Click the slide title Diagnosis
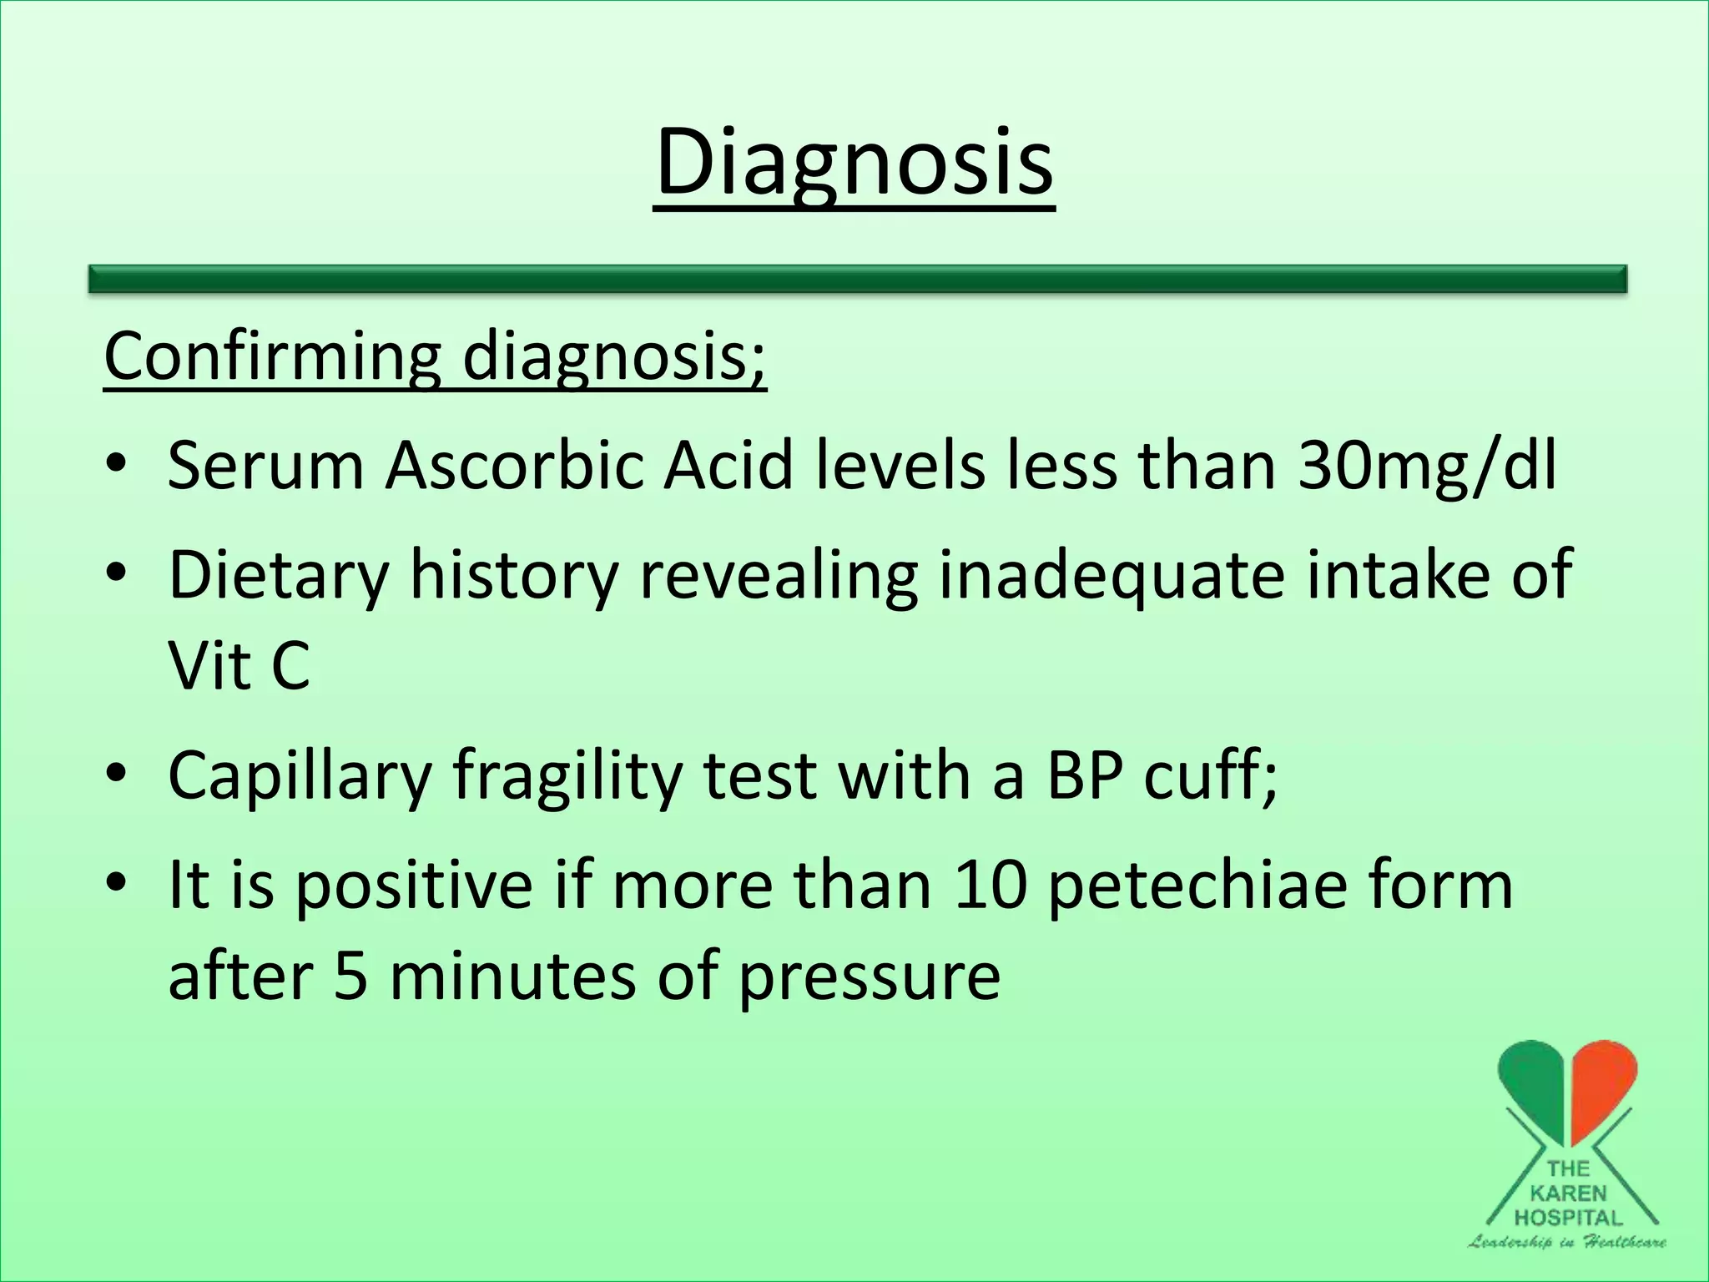pos(854,163)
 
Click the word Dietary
pos(279,576)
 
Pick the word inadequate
pos(1111,576)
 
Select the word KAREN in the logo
pos(1569,1194)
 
